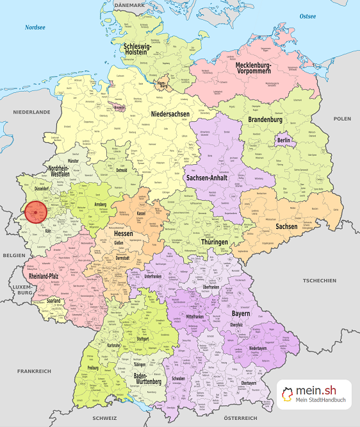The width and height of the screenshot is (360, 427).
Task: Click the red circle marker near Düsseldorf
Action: click(37, 210)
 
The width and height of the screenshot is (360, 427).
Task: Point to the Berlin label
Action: click(284, 140)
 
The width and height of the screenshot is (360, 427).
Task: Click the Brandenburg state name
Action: click(265, 120)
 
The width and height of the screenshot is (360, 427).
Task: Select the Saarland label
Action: click(54, 300)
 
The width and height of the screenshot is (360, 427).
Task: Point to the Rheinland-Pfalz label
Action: click(46, 276)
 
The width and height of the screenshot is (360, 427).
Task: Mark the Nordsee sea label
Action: click(36, 28)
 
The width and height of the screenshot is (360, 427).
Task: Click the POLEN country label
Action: click(342, 119)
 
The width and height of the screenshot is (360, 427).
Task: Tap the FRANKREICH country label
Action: click(35, 371)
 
